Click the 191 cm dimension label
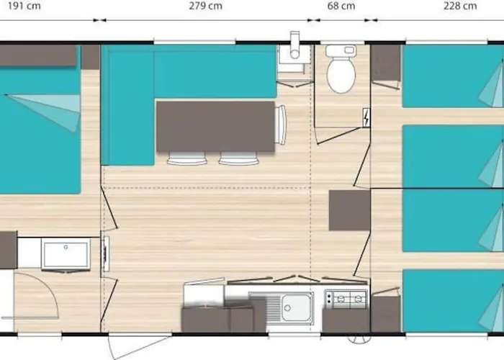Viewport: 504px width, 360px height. tap(24, 6)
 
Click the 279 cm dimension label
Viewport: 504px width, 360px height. tap(205, 6)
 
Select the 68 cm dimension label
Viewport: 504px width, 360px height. tap(341, 6)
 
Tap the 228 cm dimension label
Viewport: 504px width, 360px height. tap(460, 6)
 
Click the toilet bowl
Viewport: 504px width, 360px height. tap(341, 75)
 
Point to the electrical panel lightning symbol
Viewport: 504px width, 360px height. tap(366, 117)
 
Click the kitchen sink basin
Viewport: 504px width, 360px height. tap(296, 307)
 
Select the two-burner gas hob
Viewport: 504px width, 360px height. tap(346, 300)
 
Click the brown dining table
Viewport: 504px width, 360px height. tap(215, 126)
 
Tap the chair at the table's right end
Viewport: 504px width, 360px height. tap(281, 125)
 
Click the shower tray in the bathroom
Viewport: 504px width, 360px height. tap(66, 255)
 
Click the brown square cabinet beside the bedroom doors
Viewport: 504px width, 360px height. tap(349, 210)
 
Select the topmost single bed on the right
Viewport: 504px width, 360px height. tap(453, 76)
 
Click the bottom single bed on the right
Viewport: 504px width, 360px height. tap(453, 300)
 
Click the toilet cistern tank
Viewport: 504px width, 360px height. tap(341, 51)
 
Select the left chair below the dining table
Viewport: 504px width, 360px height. tap(186, 158)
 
